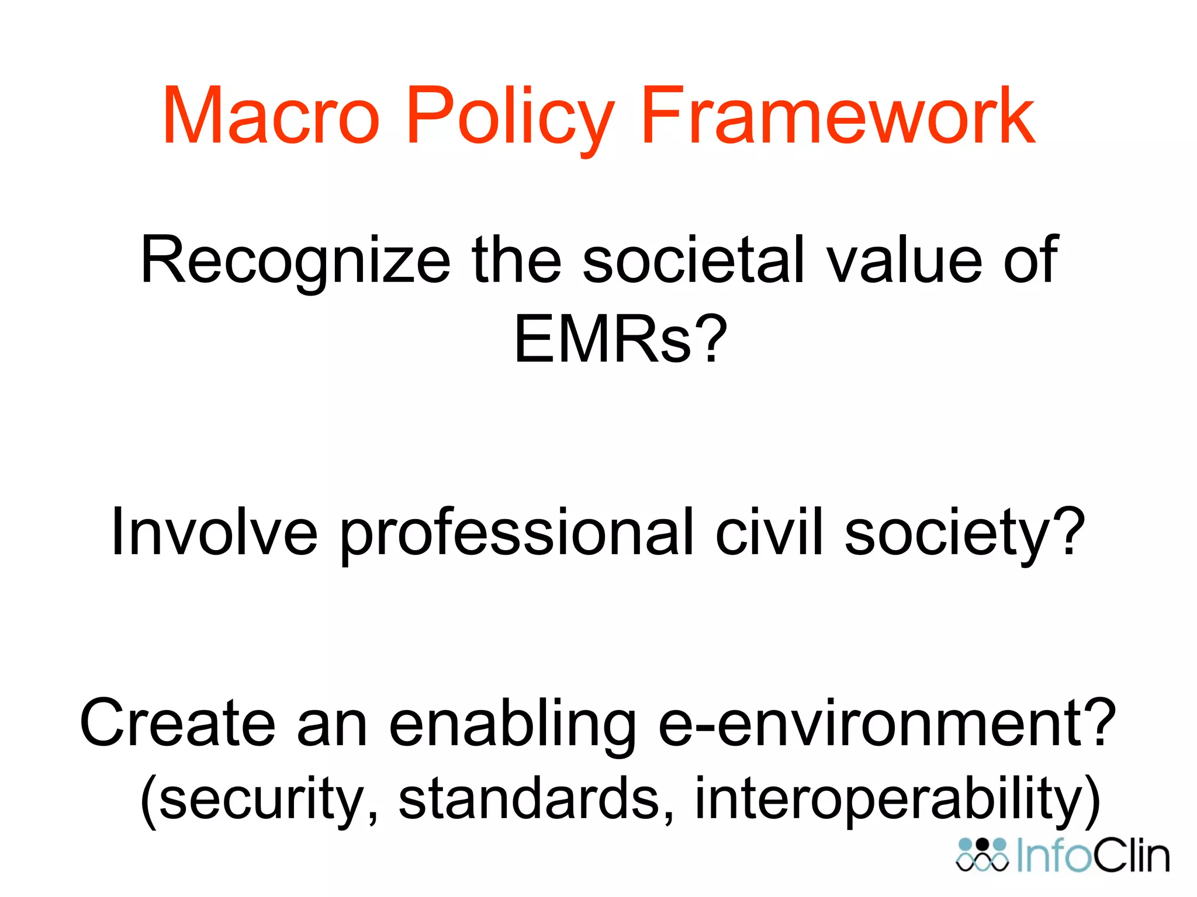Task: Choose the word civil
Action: [769, 533]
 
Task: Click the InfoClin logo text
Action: [1093, 856]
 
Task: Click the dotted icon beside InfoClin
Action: [982, 855]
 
